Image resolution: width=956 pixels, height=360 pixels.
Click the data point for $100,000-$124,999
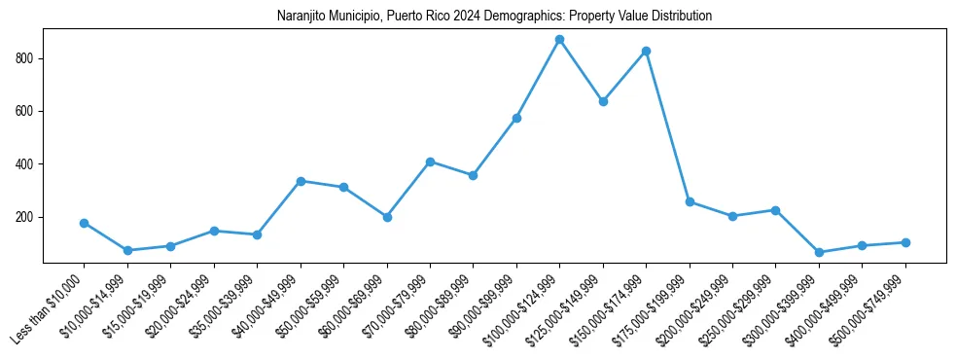[559, 40]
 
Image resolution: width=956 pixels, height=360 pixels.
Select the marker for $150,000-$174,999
[646, 51]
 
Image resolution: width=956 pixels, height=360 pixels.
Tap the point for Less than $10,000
[85, 223]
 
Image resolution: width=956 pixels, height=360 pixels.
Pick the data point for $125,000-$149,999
[603, 101]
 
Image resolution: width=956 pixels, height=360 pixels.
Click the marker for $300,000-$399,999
[819, 252]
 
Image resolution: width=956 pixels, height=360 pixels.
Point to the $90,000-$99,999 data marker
[516, 118]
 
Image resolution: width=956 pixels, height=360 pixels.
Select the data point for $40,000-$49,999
[301, 181]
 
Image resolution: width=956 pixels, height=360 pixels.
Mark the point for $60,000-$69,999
[387, 217]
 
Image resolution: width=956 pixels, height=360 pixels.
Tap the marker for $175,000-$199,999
[690, 201]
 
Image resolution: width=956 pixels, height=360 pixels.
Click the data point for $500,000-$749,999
[905, 242]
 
